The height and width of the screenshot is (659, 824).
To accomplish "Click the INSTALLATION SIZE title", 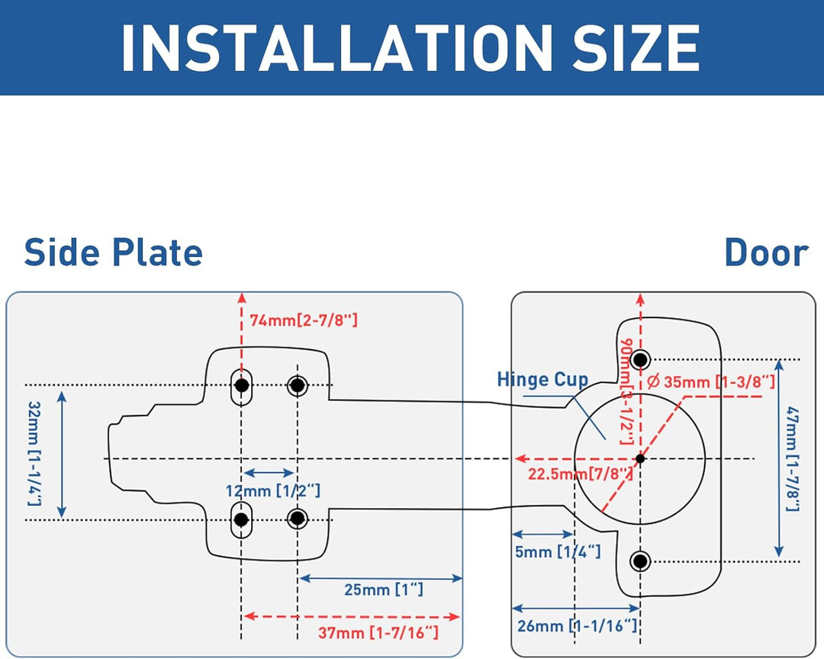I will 410,47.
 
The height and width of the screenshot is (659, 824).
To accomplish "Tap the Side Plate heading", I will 113,253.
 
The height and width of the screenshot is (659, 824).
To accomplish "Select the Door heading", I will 765,253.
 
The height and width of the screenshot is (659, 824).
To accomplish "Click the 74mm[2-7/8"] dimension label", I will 304,320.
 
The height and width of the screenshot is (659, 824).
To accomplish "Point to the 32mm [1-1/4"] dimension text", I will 34,453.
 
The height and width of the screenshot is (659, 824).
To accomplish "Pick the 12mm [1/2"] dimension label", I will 272,490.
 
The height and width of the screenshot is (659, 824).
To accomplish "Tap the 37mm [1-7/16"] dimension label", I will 378,632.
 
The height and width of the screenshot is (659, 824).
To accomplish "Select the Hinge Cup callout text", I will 542,380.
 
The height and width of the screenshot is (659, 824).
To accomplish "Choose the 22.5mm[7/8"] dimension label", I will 581,474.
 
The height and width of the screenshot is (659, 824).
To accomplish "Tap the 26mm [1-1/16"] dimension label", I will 577,626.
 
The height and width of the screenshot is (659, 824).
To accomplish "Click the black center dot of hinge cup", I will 640,458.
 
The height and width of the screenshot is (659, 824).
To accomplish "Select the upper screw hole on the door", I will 640,359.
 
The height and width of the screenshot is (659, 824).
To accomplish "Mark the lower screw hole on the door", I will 640,561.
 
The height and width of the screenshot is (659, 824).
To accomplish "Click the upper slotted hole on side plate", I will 242,386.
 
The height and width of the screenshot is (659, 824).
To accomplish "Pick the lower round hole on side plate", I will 298,519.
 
